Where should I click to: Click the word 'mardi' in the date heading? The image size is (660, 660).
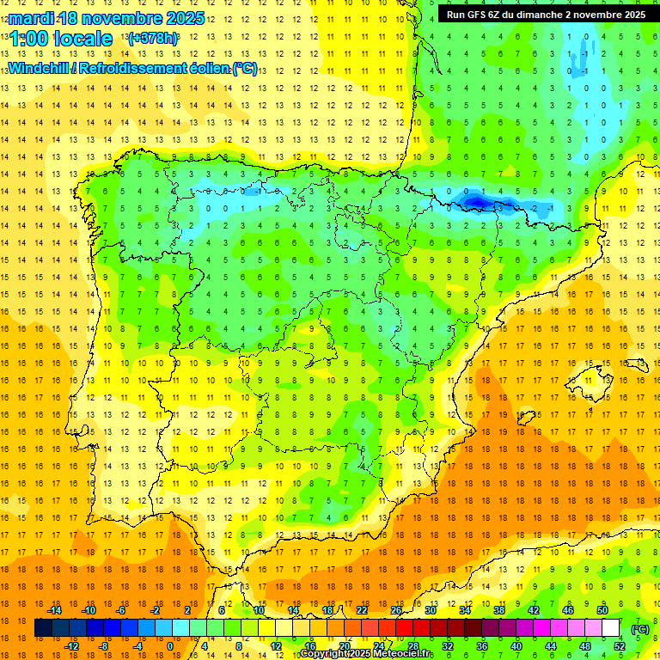pyautogui.click(x=29, y=18)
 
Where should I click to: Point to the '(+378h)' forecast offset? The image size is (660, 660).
pyautogui.click(x=152, y=39)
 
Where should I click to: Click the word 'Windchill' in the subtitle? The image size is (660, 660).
pyautogui.click(x=40, y=68)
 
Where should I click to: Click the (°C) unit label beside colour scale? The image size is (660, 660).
pyautogui.click(x=639, y=628)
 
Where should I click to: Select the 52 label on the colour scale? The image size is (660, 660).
pyautogui.click(x=620, y=645)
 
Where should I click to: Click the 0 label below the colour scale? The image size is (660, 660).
pyautogui.click(x=169, y=645)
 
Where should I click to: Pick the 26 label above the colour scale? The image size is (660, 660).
pyautogui.click(x=396, y=610)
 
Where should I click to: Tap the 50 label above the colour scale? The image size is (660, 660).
pyautogui.click(x=602, y=610)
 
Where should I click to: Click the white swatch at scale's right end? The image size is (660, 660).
pyautogui.click(x=611, y=628)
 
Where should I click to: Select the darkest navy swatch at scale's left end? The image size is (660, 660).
pyautogui.click(x=43, y=628)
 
